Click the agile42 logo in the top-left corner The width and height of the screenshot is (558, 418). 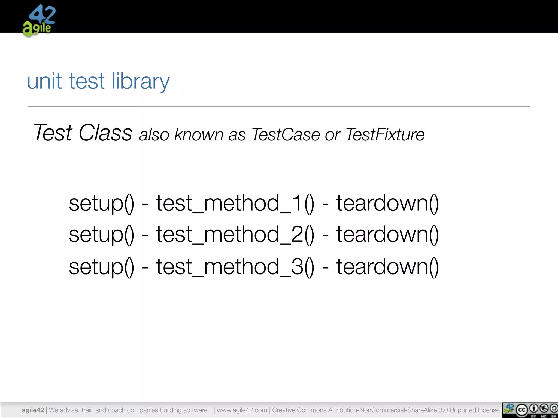[x=39, y=20]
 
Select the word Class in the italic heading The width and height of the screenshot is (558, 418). [x=105, y=133]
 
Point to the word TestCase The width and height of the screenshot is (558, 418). [x=286, y=135]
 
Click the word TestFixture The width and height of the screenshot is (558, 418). [x=385, y=135]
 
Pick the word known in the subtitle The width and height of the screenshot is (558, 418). [x=199, y=135]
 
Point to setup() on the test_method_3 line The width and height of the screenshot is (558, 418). [x=101, y=267]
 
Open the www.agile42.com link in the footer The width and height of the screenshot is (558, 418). [x=242, y=410]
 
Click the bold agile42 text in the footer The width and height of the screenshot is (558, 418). [x=33, y=410]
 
